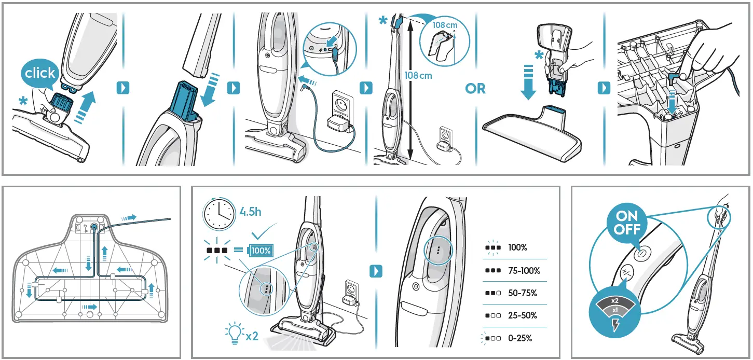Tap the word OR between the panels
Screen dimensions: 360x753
click(475, 89)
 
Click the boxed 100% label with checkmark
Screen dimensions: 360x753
click(261, 251)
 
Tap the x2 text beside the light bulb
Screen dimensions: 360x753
click(252, 336)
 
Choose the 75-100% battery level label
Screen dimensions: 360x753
click(524, 271)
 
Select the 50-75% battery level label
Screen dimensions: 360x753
click(523, 293)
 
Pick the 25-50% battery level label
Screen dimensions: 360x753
click(523, 315)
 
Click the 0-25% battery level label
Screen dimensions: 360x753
click(520, 338)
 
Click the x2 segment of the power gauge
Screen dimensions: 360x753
click(615, 300)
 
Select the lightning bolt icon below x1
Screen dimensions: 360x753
click(615, 325)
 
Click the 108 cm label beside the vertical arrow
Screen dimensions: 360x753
click(418, 76)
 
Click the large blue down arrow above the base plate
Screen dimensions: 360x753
click(528, 82)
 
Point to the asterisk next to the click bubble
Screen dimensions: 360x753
click(23, 101)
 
